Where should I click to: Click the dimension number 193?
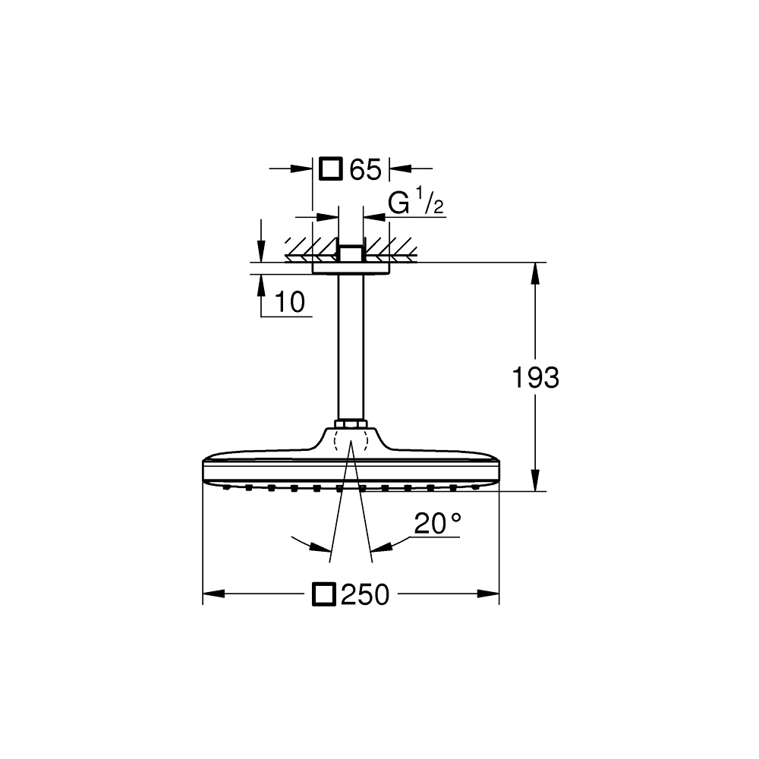tap(536, 377)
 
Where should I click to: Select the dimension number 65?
tap(364, 170)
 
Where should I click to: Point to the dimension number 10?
tap(289, 302)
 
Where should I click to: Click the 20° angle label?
tap(438, 523)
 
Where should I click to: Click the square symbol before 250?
tap(324, 594)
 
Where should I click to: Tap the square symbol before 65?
tap(330, 168)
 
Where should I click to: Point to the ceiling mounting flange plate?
tap(351, 266)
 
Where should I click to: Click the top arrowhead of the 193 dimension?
tap(537, 272)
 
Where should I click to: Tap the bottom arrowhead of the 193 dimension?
tap(537, 482)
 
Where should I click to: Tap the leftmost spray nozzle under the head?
tap(225, 488)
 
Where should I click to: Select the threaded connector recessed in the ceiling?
tap(351, 253)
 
